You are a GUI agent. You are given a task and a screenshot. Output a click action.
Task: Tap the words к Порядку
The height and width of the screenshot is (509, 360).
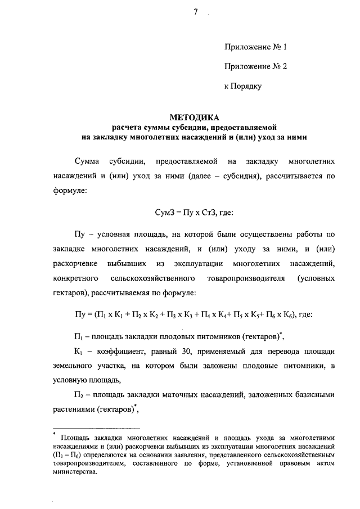[243, 86]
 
